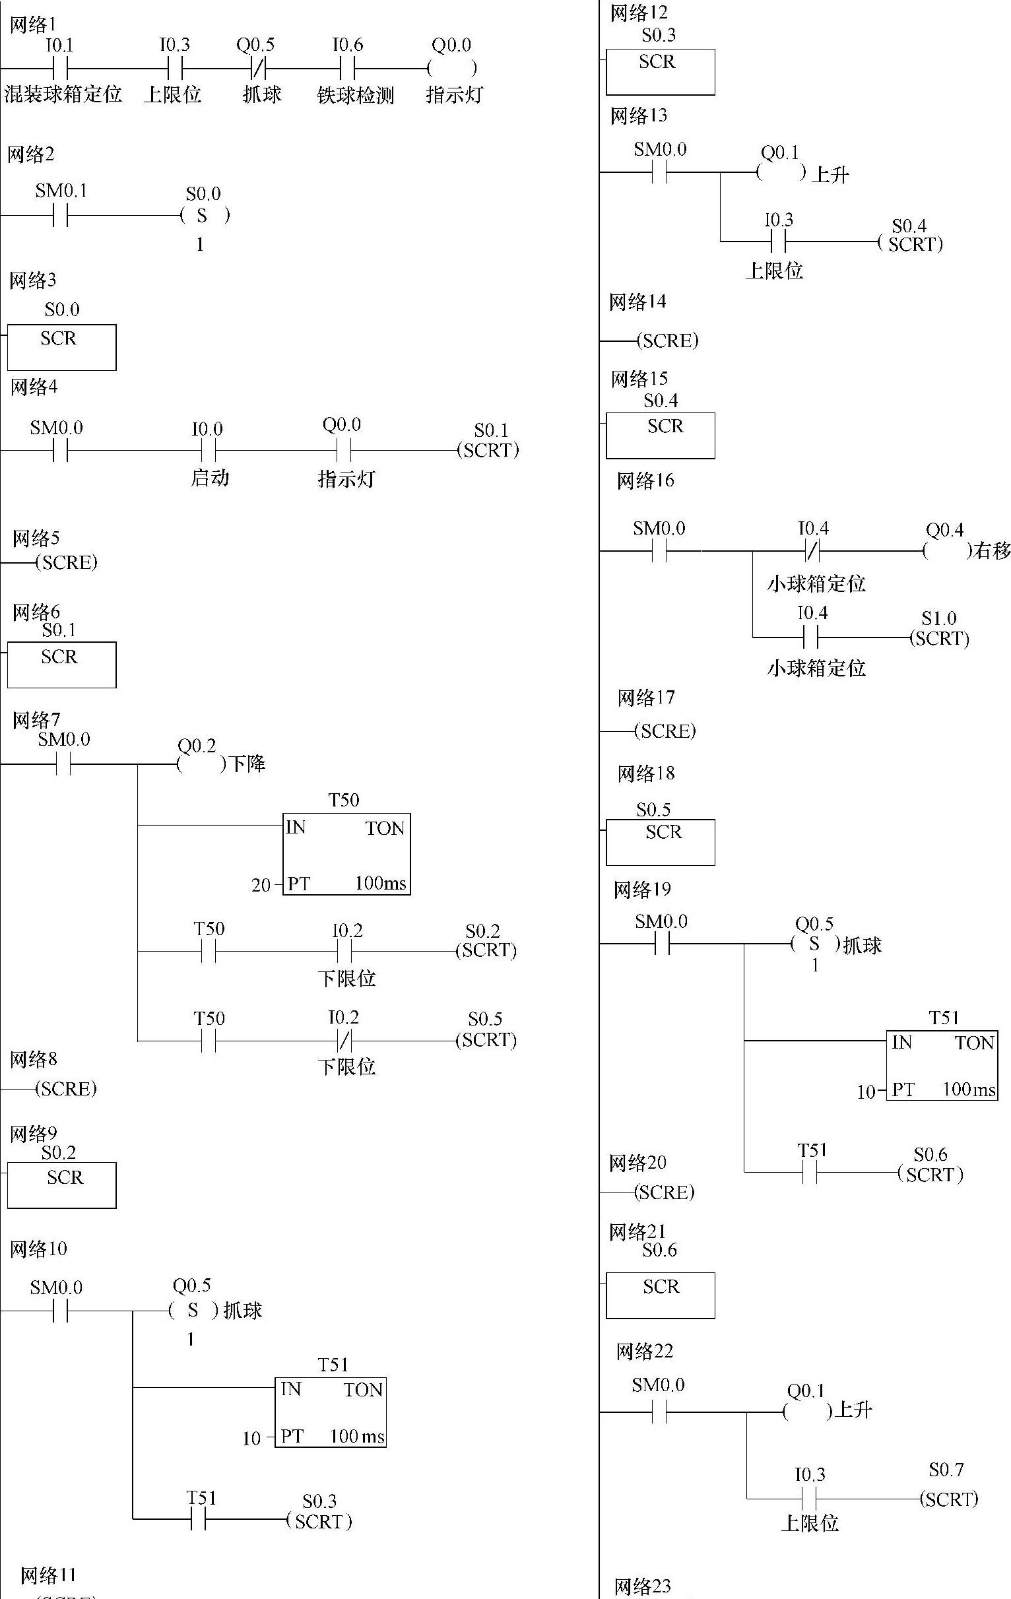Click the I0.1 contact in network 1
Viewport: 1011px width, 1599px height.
coord(61,68)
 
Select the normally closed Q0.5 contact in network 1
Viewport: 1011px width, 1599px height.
coord(257,68)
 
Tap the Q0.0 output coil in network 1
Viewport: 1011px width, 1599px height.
coord(452,68)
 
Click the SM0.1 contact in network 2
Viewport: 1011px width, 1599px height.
coord(61,215)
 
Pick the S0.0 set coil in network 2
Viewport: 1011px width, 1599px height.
coord(203,215)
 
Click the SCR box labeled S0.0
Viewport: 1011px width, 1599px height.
coord(61,346)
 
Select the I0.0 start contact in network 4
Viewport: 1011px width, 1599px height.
coord(209,451)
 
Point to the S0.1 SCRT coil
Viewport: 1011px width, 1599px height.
coord(488,450)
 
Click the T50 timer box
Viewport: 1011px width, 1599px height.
coord(346,854)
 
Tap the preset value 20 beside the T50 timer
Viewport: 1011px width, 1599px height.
coord(261,885)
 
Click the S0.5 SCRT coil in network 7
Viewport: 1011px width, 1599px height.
coord(486,1040)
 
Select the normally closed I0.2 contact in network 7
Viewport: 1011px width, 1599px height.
coord(344,1041)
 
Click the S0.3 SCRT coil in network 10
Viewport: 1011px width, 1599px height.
coord(319,1520)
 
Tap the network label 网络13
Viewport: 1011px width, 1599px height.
coord(639,116)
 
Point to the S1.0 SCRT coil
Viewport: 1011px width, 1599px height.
coord(939,638)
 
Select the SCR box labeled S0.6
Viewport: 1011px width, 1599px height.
coord(660,1295)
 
